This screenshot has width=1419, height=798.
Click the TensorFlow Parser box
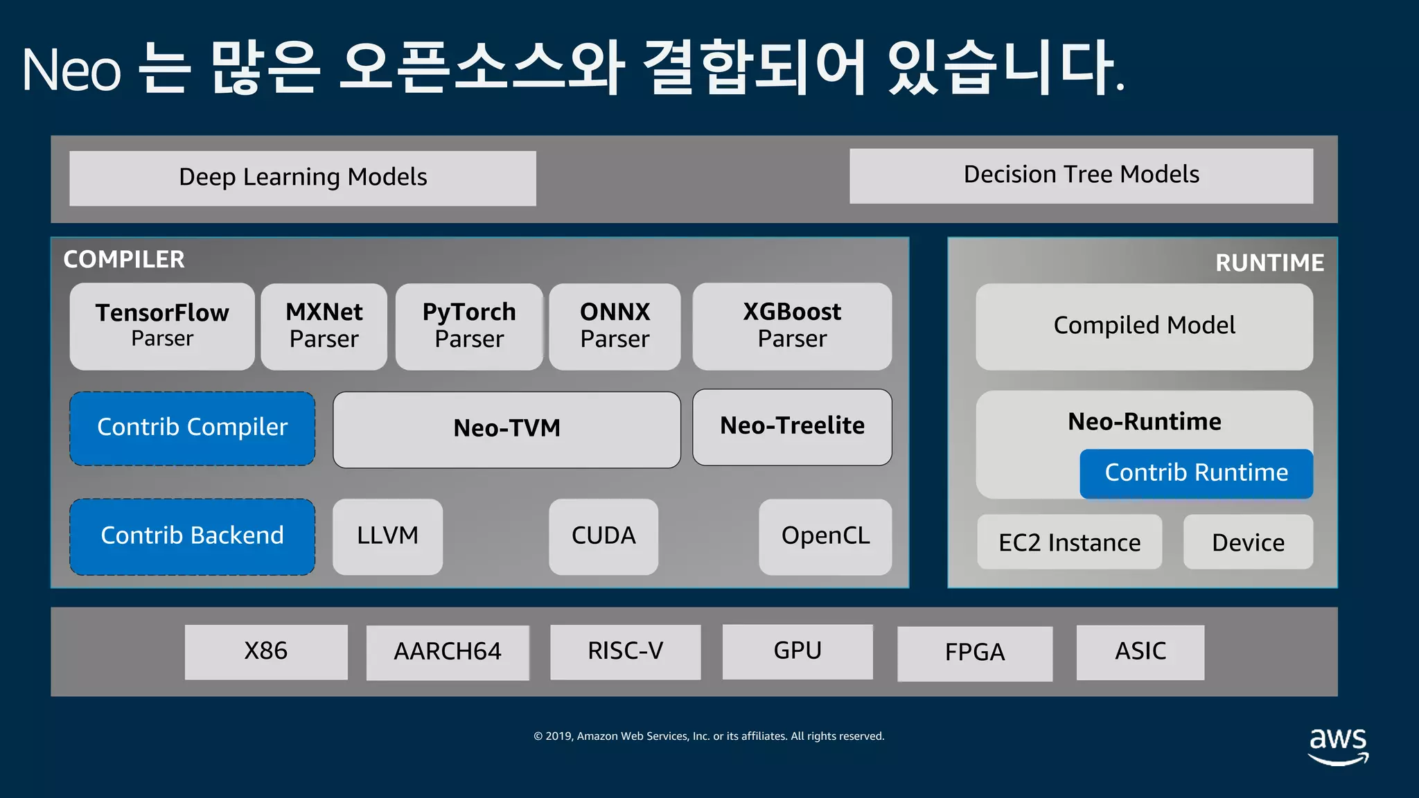pyautogui.click(x=162, y=326)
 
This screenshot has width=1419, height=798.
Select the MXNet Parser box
pyautogui.click(x=324, y=326)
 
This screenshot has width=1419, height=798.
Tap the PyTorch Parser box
pyautogui.click(x=469, y=326)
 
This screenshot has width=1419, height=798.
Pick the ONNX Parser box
pyautogui.click(x=615, y=326)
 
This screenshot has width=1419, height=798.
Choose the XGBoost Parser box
pyautogui.click(x=792, y=326)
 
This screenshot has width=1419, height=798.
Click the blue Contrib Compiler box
pyautogui.click(x=192, y=428)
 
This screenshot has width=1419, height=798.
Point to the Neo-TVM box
pyautogui.click(x=506, y=429)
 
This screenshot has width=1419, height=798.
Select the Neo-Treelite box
pyautogui.click(x=792, y=427)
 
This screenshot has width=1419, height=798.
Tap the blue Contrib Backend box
pyautogui.click(x=192, y=536)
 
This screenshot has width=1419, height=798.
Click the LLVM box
pyautogui.click(x=387, y=536)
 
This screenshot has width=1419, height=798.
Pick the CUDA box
pyautogui.click(x=603, y=536)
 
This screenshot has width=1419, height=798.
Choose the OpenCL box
pyautogui.click(x=825, y=536)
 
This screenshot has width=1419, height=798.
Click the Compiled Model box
pyautogui.click(x=1144, y=326)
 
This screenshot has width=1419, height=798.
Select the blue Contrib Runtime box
pyautogui.click(x=1196, y=473)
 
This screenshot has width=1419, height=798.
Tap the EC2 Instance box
pyautogui.click(x=1069, y=542)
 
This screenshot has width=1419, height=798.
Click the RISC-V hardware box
pyautogui.click(x=625, y=652)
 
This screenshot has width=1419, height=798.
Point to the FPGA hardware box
pyautogui.click(x=974, y=653)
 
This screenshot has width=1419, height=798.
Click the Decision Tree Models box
pyautogui.click(x=1081, y=175)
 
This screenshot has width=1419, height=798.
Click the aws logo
pyautogui.click(x=1338, y=745)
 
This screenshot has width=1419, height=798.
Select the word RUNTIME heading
pyautogui.click(x=1269, y=263)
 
